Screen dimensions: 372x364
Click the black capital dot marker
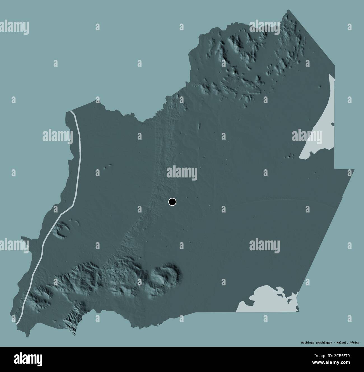tap(172, 202)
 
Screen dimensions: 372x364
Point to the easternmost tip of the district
tap(354, 170)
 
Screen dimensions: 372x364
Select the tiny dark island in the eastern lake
tap(332, 124)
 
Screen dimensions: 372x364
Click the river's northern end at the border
tap(72, 112)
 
